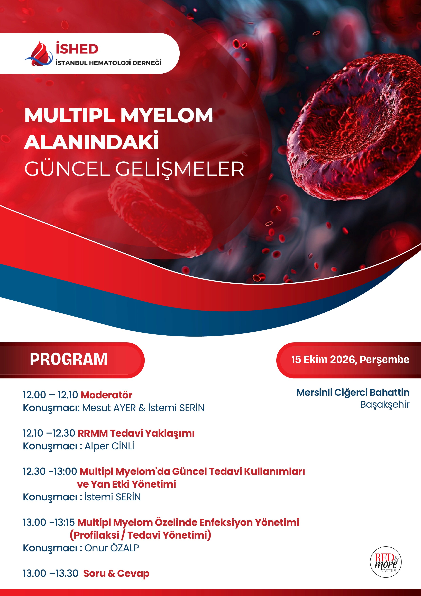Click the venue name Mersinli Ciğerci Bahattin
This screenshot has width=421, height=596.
click(353, 392)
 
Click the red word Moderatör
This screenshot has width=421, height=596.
click(106, 395)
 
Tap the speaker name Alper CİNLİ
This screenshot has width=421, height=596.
click(109, 446)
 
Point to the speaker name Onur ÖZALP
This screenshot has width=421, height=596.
click(112, 548)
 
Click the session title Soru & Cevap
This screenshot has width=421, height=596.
click(116, 573)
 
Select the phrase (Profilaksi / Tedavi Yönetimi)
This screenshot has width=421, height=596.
click(140, 535)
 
